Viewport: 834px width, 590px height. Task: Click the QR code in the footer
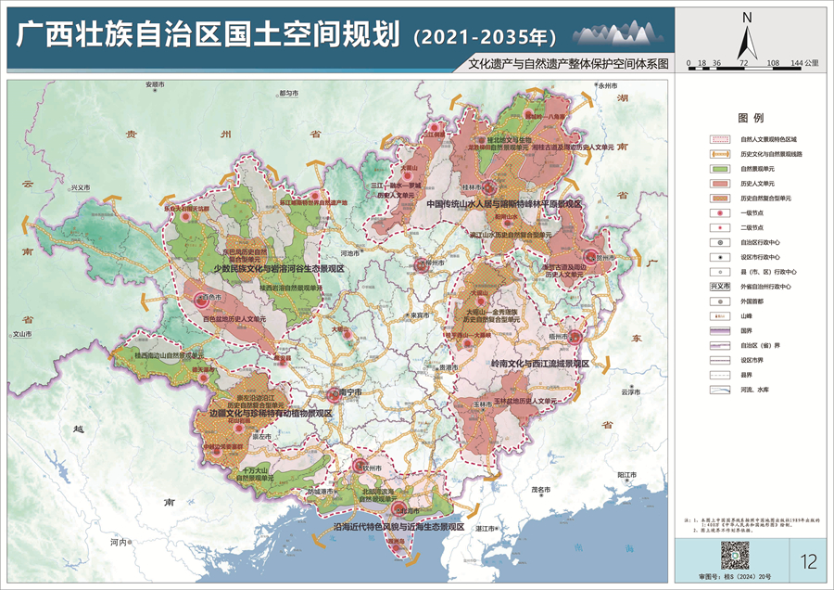[x=734, y=555]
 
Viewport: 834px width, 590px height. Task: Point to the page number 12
[x=807, y=559]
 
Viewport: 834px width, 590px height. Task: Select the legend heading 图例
[x=750, y=120]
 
